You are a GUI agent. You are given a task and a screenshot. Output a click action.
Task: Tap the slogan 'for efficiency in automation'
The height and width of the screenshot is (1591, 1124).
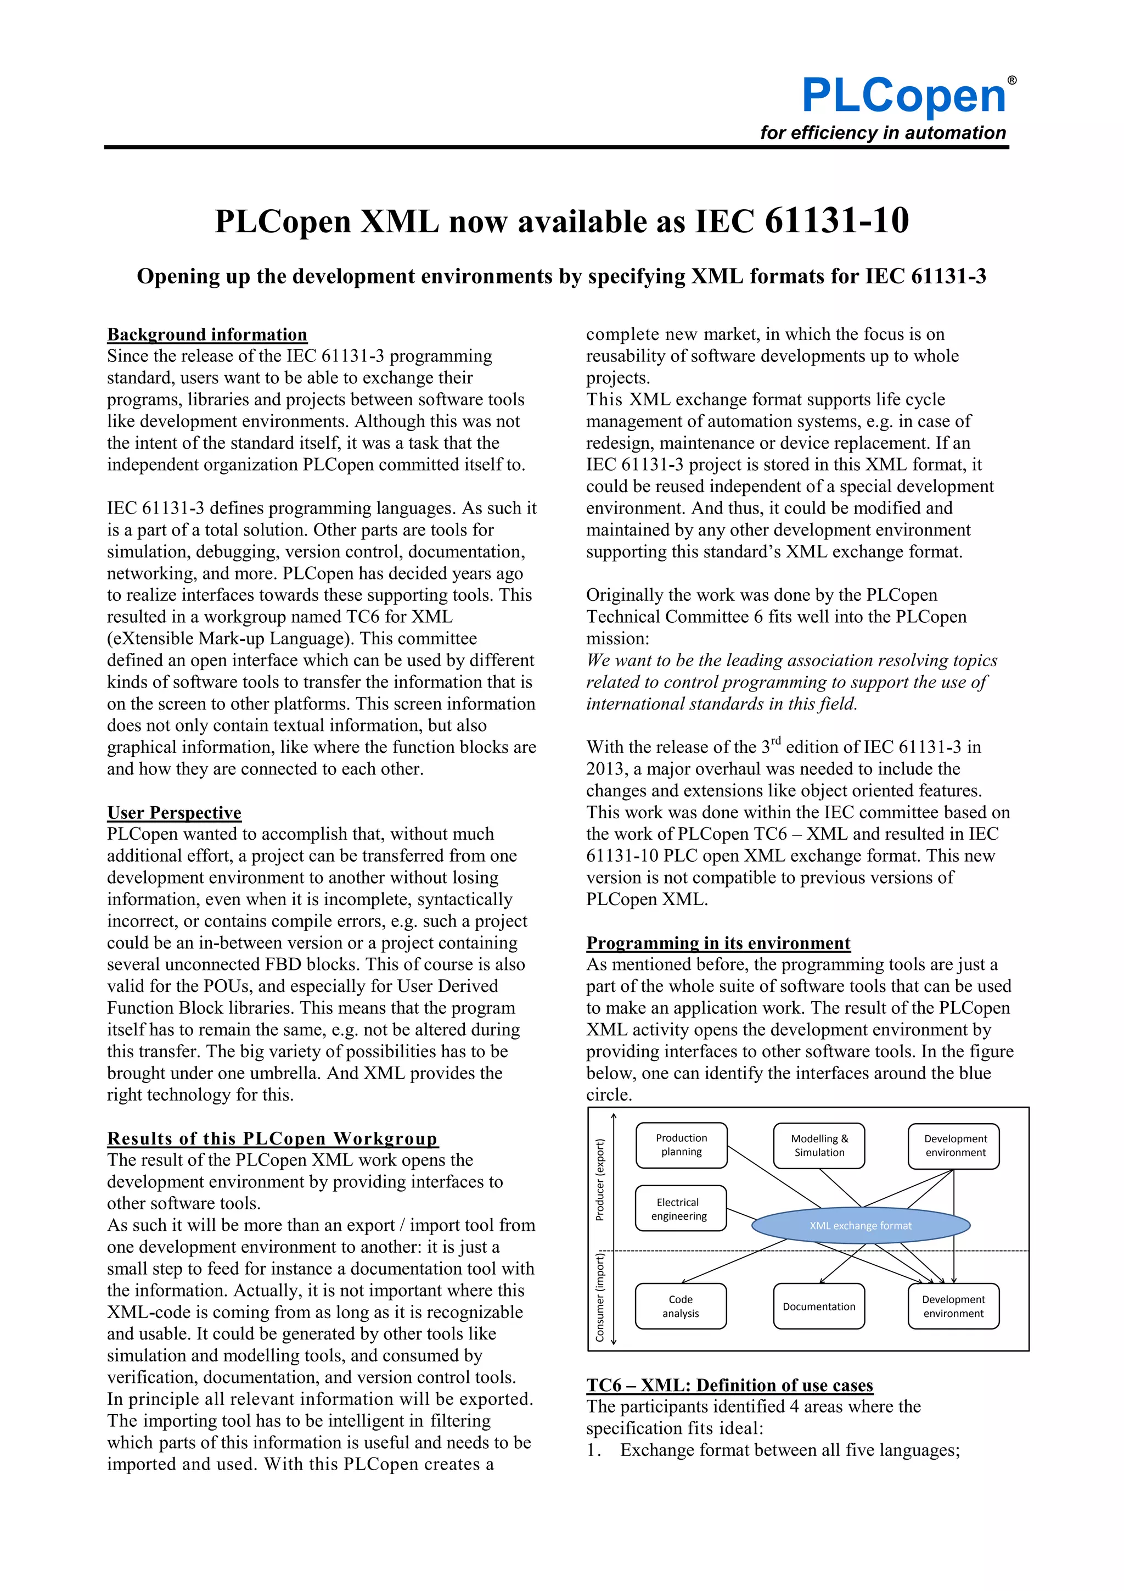883,133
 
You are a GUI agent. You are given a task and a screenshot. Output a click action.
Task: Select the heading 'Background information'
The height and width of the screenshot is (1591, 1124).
207,334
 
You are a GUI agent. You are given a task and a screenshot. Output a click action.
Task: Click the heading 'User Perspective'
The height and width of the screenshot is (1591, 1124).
174,812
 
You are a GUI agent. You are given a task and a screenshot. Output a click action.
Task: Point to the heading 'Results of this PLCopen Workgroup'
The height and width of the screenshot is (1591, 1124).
272,1138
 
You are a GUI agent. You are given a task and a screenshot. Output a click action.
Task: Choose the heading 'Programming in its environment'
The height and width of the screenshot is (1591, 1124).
718,942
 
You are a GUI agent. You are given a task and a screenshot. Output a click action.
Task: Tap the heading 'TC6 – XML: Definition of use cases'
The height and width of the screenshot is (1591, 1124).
729,1385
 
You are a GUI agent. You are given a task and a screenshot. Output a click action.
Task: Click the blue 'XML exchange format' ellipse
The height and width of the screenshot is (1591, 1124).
860,1225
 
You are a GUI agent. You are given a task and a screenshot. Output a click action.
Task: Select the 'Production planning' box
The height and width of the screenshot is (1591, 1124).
682,1145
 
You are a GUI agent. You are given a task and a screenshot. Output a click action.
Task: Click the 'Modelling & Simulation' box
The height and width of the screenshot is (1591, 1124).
819,1146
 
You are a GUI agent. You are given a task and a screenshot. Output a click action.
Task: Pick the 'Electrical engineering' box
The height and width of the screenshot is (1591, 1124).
679,1209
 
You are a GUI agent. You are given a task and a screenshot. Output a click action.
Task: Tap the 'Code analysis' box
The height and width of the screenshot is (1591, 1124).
680,1306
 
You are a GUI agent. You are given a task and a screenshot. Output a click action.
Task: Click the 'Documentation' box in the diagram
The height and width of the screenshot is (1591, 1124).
819,1306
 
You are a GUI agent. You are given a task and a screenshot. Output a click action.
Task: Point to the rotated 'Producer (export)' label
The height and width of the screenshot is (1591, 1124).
600,1180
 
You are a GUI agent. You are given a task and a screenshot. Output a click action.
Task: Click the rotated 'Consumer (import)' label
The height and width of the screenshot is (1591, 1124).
600,1296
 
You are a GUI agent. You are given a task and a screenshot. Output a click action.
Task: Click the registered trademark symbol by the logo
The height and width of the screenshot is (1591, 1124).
1012,80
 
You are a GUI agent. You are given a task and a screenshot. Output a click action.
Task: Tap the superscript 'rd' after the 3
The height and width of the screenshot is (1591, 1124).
775,740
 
